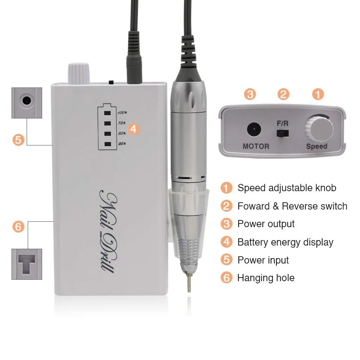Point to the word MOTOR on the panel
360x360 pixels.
(x=256, y=147)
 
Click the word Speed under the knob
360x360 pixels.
(x=317, y=147)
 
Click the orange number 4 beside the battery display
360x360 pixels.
(x=134, y=129)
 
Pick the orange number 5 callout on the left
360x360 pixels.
(x=18, y=139)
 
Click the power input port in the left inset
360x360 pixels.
(x=26, y=100)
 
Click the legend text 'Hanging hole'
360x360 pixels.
(x=266, y=278)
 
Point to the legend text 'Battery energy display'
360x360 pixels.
(x=285, y=242)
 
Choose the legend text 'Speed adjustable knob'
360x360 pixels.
(x=287, y=188)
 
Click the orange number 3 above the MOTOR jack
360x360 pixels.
(x=250, y=95)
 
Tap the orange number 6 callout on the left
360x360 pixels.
(x=18, y=227)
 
